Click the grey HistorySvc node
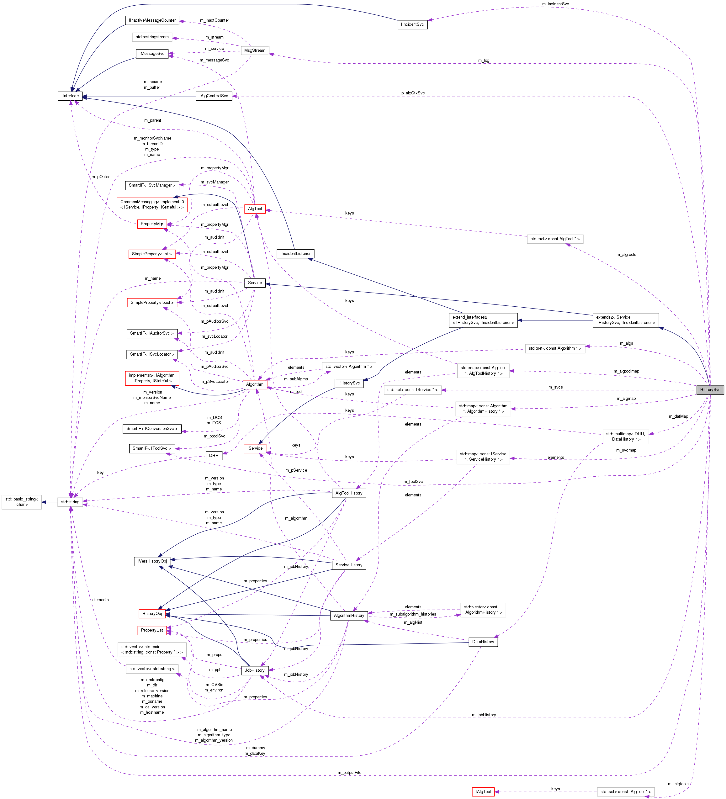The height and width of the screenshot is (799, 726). coord(710,389)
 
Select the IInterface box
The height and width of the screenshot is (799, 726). coord(70,96)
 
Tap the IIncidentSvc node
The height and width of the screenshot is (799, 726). coord(412,24)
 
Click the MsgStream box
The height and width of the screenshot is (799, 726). coord(255,50)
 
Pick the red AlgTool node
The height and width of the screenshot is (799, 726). coord(255,209)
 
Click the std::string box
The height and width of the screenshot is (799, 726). coord(70,502)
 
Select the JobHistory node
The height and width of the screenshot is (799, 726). coord(254,670)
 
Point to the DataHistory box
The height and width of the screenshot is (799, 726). coord(483,642)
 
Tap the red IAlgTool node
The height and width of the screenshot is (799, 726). coord(483,791)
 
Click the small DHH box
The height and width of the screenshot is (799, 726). coord(214,455)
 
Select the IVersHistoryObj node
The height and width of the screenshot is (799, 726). coord(152,561)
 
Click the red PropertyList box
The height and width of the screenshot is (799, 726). coord(152,630)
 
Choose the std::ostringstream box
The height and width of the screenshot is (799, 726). coord(152,37)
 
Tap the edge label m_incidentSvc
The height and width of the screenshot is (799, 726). coord(555,4)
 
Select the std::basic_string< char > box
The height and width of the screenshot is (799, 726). coord(22,502)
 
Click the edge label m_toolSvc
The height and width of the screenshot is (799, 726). coord(413,482)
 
